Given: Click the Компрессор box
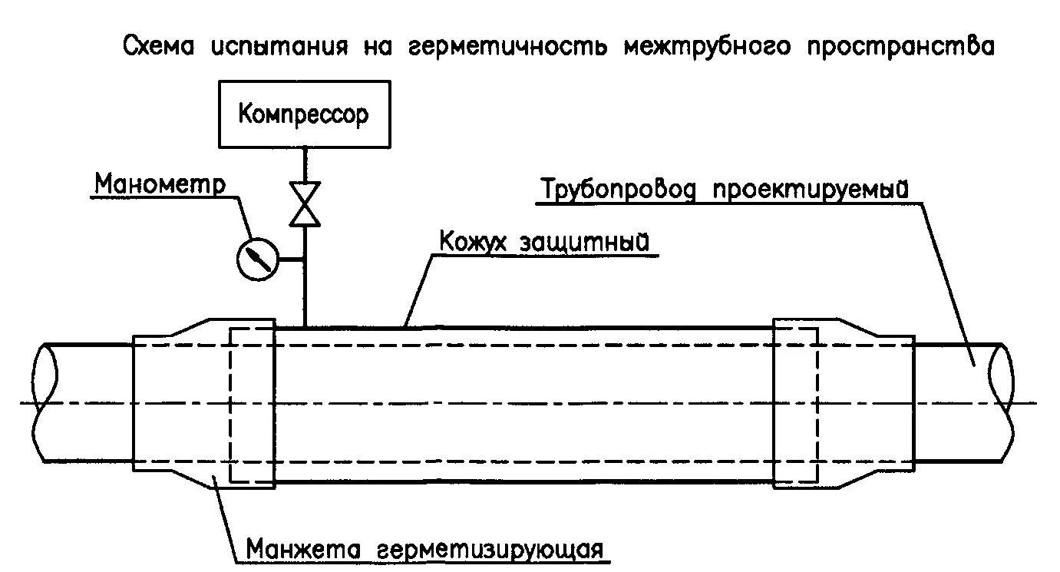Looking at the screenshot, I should coord(303,114).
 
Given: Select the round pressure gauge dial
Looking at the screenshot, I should coord(256,260).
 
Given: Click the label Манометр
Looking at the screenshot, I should coord(160,184).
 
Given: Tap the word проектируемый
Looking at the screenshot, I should coord(811,189).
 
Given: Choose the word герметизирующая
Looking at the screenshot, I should coord(492,551).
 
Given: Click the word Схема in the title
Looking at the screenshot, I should coord(159,48).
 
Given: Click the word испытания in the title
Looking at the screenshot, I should coord(275,48).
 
